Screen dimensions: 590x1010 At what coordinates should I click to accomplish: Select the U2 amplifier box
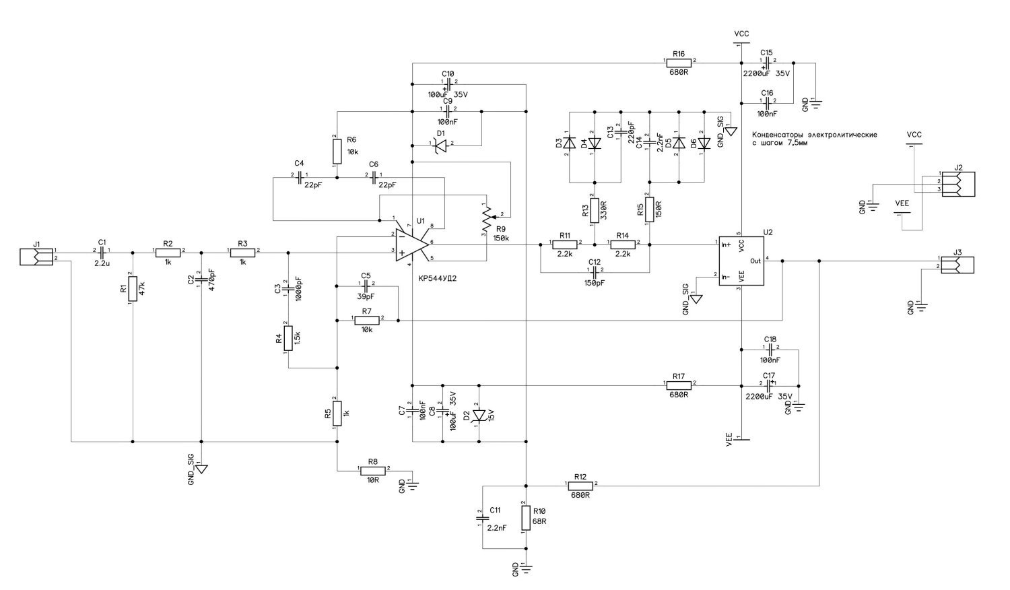[741, 261]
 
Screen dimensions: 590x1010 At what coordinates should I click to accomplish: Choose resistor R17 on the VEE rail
[679, 385]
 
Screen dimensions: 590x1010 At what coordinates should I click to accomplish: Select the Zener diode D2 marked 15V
[479, 414]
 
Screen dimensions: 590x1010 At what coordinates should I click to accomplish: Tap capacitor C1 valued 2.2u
[101, 251]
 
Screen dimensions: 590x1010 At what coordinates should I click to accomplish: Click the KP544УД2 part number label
[442, 278]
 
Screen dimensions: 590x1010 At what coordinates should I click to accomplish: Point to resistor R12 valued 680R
[580, 485]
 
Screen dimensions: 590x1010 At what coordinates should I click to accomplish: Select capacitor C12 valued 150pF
[594, 271]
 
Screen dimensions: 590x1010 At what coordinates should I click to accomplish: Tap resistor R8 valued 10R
[372, 470]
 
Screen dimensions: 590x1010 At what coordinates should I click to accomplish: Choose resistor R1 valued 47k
[132, 289]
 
